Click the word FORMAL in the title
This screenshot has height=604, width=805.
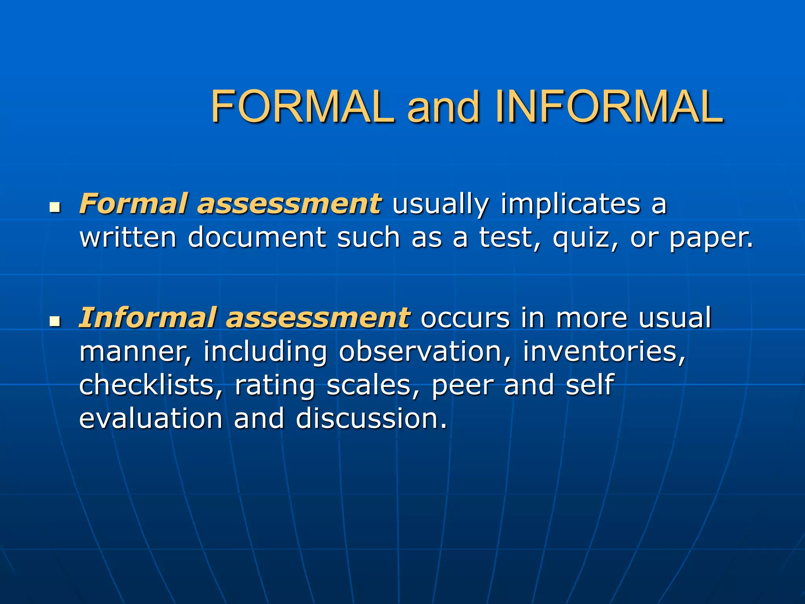point(302,107)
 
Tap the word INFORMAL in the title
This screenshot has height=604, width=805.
point(609,107)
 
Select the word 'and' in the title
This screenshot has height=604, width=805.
point(443,107)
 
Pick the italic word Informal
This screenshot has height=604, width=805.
point(148,317)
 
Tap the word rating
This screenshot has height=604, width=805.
point(275,386)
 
